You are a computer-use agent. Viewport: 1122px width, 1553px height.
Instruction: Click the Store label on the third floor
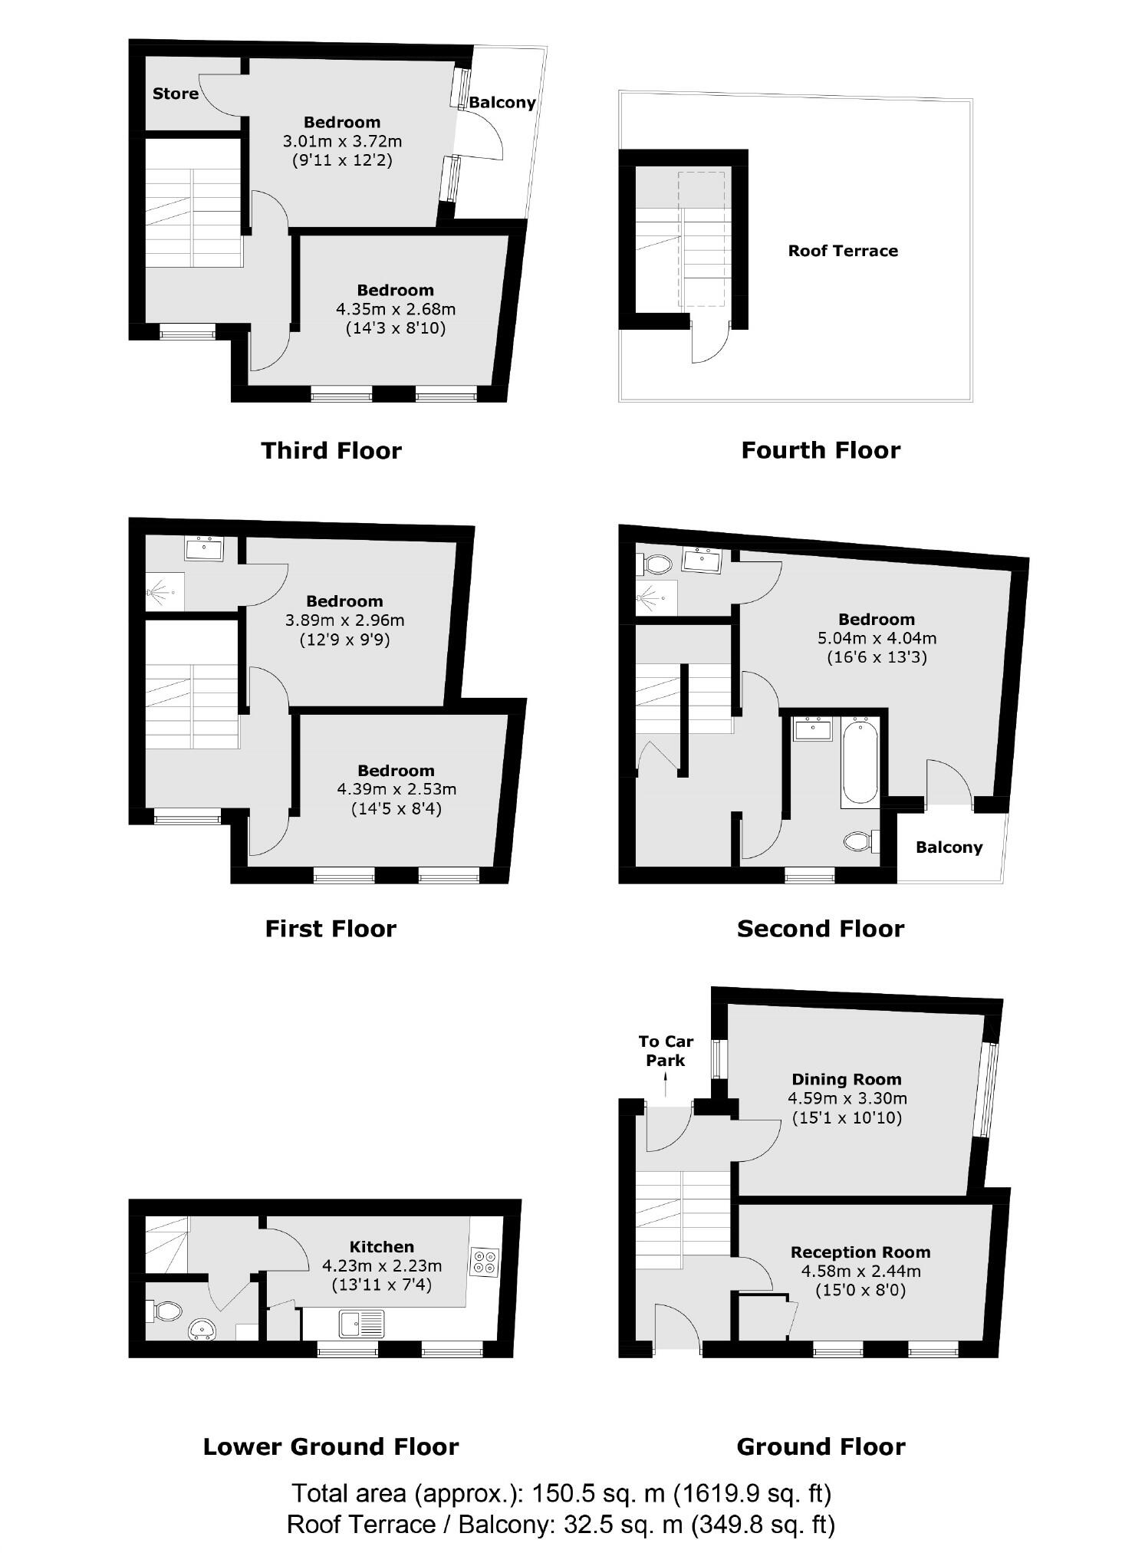pos(176,94)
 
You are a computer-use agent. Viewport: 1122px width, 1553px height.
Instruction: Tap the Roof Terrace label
pos(842,251)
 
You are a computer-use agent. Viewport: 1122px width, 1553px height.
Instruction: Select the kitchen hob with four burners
pos(485,1262)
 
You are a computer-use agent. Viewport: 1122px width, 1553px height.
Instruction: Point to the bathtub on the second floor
pos(860,762)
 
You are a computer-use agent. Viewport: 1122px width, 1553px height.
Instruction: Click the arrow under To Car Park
pos(665,1084)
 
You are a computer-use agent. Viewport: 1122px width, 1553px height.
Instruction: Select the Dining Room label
pos(846,1079)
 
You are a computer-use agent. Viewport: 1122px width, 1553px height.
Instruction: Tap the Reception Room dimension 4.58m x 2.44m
pos(860,1271)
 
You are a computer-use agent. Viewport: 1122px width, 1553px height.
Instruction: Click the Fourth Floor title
pos(820,450)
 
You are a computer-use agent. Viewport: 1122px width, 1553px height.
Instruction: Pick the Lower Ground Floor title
pos(331,1446)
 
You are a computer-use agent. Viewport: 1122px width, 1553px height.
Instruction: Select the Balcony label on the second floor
pos(949,847)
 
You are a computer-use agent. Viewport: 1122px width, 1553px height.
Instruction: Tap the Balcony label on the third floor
pos(502,103)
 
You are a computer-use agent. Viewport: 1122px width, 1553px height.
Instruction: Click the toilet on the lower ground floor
pos(165,1311)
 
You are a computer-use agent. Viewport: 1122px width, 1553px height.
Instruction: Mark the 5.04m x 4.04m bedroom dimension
pos(876,638)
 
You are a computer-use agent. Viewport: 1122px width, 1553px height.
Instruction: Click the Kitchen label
pos(381,1246)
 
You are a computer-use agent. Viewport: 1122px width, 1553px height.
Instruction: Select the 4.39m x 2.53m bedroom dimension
pos(396,789)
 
